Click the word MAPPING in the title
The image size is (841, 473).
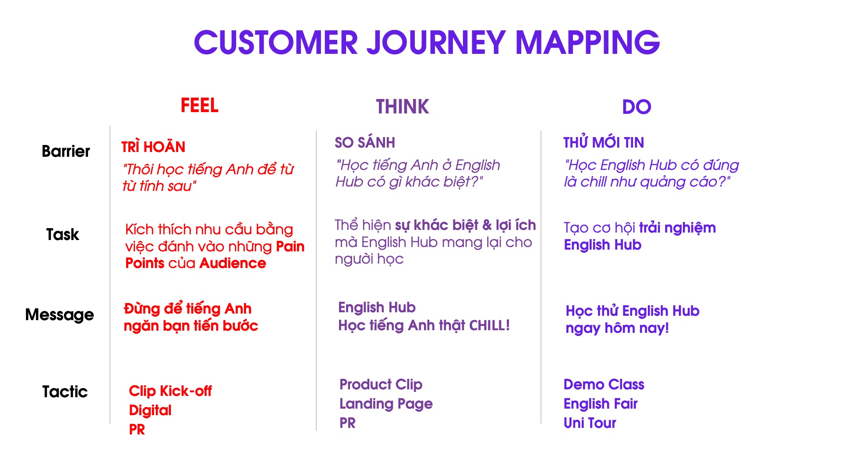tap(587, 42)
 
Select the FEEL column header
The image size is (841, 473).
tap(200, 106)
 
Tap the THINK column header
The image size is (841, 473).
tap(403, 107)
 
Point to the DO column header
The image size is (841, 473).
tap(637, 107)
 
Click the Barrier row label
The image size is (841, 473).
tap(66, 151)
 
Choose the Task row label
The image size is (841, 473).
tap(63, 234)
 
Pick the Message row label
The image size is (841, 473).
tap(60, 314)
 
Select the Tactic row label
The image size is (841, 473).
tap(65, 392)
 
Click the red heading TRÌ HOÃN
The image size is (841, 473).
tap(153, 147)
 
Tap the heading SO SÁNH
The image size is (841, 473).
tap(365, 142)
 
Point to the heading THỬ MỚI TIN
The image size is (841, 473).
tap(604, 142)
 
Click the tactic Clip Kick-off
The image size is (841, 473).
tap(170, 391)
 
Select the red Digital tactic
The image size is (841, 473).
tap(150, 410)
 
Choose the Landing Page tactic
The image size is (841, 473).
tap(386, 404)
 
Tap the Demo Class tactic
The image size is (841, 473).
tap(604, 385)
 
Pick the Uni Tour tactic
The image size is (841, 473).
tap(590, 423)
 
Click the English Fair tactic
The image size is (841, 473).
tap(601, 404)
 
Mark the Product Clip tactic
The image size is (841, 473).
tap(381, 385)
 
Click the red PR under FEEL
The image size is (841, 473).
tap(137, 430)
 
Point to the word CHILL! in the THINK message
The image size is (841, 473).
tap(490, 325)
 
